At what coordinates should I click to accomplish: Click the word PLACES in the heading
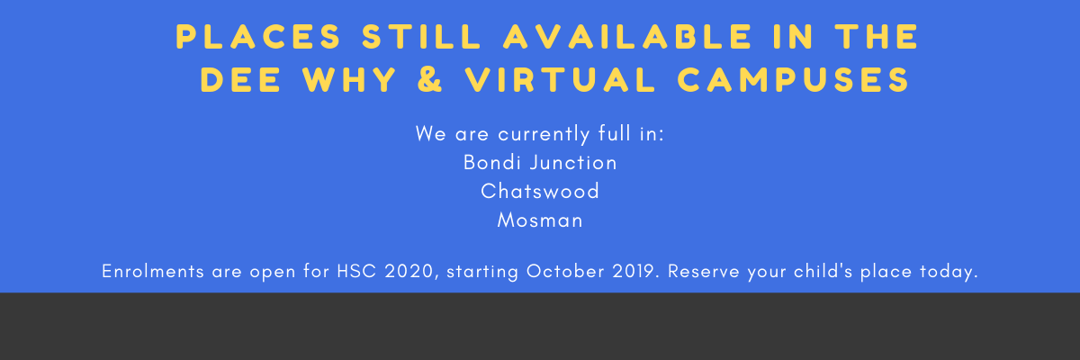tap(258, 37)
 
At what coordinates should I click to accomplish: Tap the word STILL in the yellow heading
tap(421, 37)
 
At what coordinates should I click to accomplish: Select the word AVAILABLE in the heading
tap(626, 37)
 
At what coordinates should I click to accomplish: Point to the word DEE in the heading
tap(240, 79)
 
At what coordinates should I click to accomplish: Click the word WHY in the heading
tap(349, 79)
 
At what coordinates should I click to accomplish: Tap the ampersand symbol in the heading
tap(429, 79)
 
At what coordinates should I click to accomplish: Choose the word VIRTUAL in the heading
tap(560, 79)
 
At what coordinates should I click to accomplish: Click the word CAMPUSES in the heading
tap(793, 79)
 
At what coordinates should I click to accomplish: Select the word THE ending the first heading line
tap(876, 37)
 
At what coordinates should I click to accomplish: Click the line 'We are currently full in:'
tap(540, 134)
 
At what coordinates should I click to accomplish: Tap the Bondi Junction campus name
tap(540, 163)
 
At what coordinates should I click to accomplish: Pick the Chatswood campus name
tap(540, 192)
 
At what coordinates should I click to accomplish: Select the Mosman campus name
tap(540, 220)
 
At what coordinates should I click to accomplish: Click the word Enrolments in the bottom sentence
tap(153, 271)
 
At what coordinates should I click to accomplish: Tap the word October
tap(565, 271)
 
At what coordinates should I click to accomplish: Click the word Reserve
tap(704, 271)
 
